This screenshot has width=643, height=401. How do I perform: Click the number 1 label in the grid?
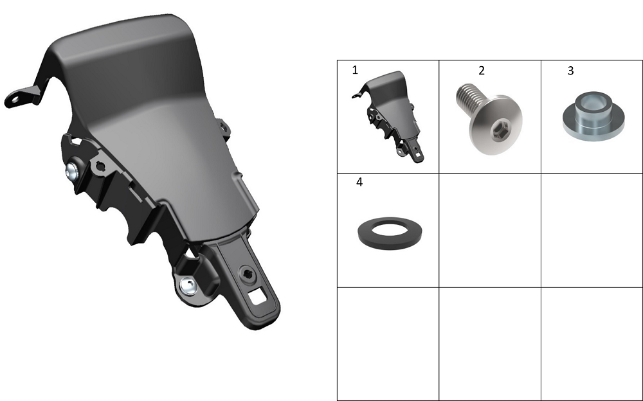tap(355, 70)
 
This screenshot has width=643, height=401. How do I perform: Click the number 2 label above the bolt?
tap(482, 71)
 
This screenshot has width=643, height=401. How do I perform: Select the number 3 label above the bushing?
tap(570, 71)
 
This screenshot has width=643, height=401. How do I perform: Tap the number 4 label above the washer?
tap(359, 182)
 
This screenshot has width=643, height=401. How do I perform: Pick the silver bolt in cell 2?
tap(489, 119)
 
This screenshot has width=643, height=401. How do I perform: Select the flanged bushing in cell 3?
tap(593, 116)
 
